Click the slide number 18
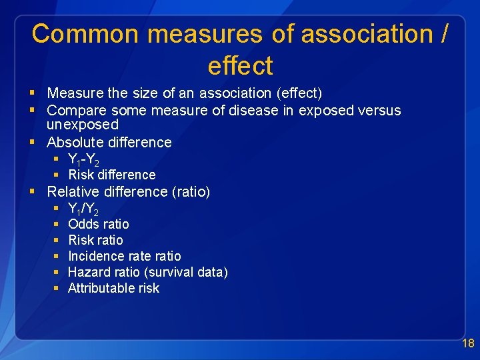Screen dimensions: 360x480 468,343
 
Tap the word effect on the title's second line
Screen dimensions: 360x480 240,66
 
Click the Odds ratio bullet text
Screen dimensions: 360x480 99,224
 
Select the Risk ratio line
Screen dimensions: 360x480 95,240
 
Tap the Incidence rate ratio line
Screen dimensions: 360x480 124,256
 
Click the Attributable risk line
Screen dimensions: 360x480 113,288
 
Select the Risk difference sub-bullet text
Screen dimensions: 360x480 111,175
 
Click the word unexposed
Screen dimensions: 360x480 83,125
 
